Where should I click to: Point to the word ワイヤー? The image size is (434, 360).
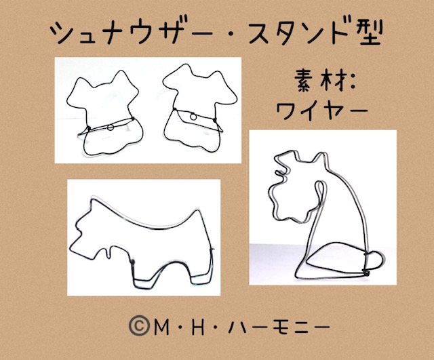point(322,110)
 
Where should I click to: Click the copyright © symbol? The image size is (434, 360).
point(139,326)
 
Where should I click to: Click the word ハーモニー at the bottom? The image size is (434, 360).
point(279,327)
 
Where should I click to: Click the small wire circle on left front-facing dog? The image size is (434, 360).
point(111,127)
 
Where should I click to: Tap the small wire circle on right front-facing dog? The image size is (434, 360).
point(193,117)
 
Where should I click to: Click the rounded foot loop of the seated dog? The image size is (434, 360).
point(375,259)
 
